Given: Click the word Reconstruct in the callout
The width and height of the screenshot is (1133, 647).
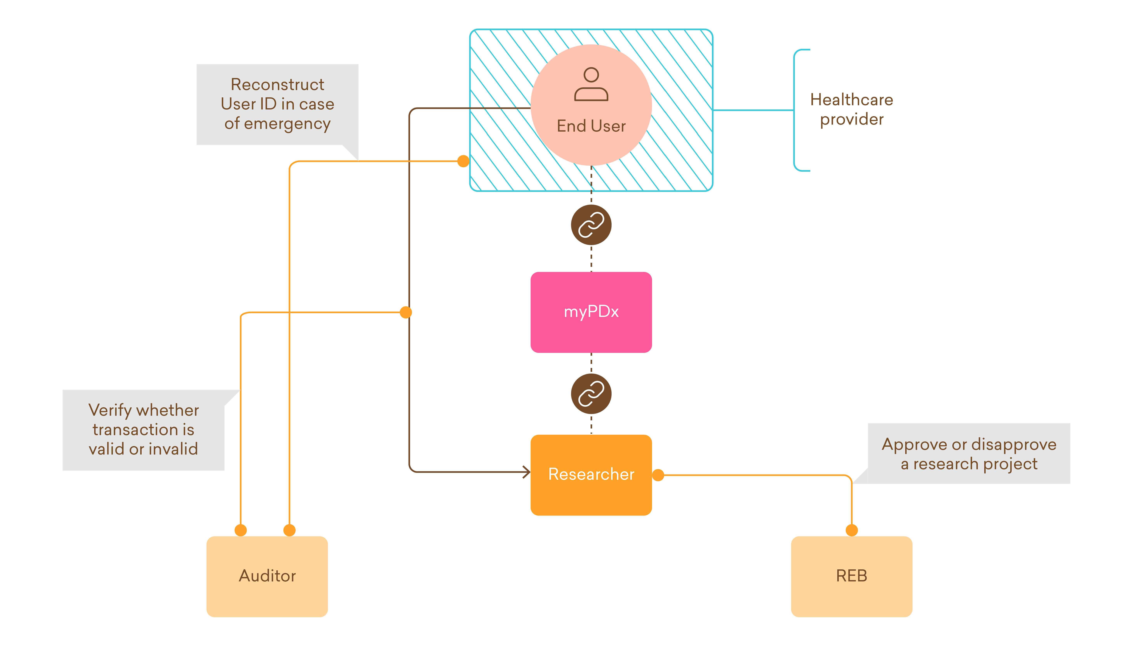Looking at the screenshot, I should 278,84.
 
